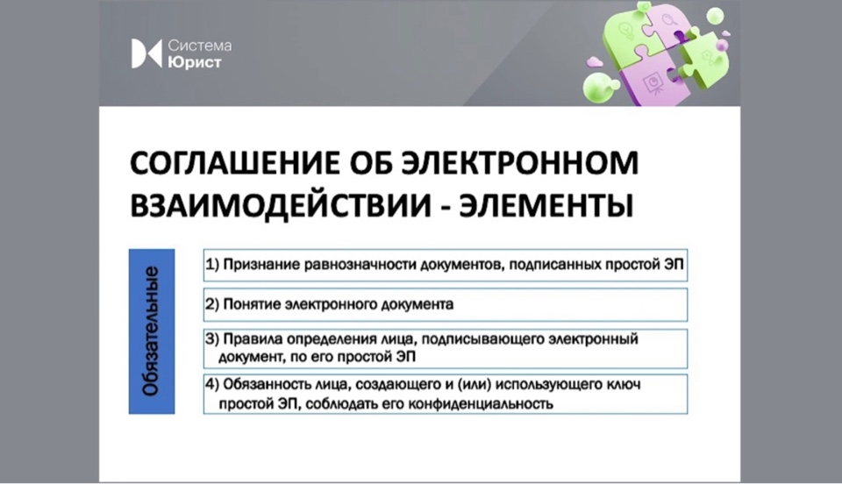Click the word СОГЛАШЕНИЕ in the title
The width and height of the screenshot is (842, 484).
pos(235,162)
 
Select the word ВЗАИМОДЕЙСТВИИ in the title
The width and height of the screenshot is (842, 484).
pos(281,205)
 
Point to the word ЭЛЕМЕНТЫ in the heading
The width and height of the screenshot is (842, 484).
pos(546,205)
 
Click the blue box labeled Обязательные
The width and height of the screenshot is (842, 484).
pos(152,331)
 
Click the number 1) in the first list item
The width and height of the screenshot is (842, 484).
pos(212,265)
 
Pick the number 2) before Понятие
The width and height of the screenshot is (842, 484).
pos(212,304)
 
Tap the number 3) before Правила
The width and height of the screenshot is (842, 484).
pos(212,338)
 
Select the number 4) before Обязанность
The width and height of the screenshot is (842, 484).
pos(212,384)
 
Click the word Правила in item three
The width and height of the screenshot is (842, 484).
pos(253,339)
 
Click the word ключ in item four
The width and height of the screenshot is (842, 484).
pos(623,384)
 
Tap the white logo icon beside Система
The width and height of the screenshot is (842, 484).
pos(146,53)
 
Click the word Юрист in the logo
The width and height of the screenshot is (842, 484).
pos(195,62)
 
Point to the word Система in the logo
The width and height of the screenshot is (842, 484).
pos(200,45)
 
